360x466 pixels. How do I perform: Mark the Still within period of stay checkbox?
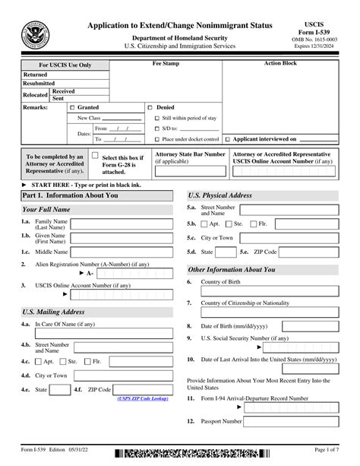156,119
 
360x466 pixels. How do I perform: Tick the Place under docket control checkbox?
156,140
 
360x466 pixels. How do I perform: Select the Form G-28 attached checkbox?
95,156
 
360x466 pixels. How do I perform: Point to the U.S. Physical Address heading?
220,195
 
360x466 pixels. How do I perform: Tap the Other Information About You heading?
232,269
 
